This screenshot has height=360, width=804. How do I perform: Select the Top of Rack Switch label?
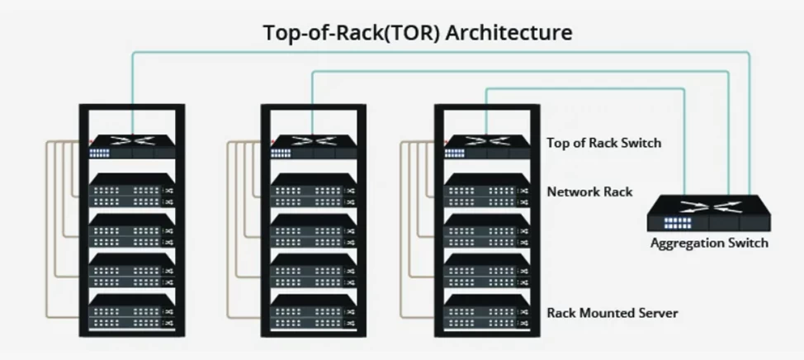click(x=603, y=143)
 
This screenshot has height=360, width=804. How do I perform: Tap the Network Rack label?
click(x=589, y=192)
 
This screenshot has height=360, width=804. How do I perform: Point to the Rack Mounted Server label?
click(x=612, y=313)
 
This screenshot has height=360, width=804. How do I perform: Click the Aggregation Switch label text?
click(x=709, y=243)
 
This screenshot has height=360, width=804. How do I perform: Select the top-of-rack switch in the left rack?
click(x=131, y=146)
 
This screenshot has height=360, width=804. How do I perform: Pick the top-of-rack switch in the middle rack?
click(x=313, y=146)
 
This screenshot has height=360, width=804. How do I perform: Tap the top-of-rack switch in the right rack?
click(x=486, y=146)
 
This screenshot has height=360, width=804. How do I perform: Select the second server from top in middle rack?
click(x=313, y=231)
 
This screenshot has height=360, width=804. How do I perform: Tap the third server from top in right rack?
click(x=486, y=271)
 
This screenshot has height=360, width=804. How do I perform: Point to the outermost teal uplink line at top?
click(x=437, y=52)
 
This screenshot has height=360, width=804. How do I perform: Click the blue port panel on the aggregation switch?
click(x=676, y=223)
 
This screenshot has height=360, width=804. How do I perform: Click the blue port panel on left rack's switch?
click(x=100, y=153)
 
